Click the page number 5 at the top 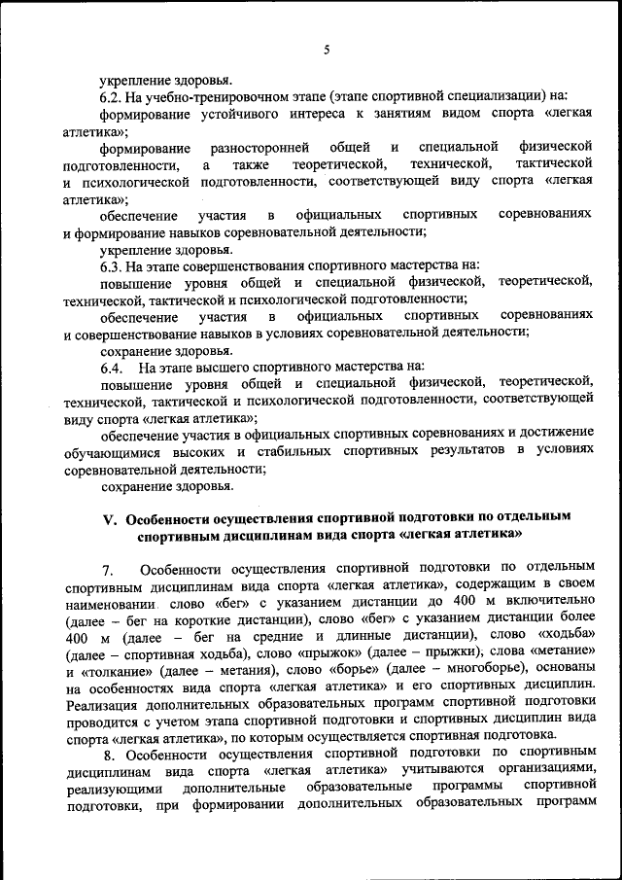(x=327, y=50)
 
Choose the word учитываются (x=447, y=772)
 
